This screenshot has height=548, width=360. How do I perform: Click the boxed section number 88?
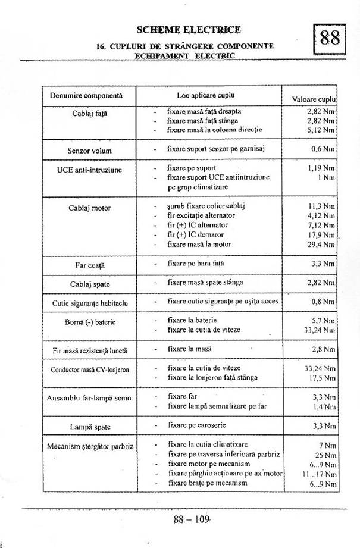click(330, 39)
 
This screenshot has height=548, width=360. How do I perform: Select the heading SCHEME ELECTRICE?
click(189, 29)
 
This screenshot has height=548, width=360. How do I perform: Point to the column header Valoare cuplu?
click(314, 99)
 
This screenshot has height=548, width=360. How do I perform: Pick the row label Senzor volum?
click(89, 151)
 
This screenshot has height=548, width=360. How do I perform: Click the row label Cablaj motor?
click(90, 208)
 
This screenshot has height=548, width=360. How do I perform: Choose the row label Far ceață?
click(89, 263)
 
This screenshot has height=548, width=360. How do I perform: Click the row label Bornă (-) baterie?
click(90, 322)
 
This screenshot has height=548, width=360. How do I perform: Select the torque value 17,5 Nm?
click(321, 377)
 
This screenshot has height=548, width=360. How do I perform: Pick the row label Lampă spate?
click(90, 427)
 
